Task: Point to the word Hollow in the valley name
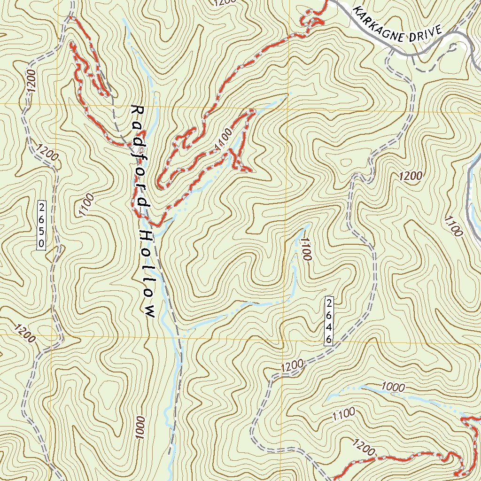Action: [x=147, y=272]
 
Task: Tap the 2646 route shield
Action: [x=329, y=320]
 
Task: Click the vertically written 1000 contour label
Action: [x=140, y=427]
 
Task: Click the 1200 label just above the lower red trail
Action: [x=363, y=447]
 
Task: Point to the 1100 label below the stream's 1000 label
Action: [x=343, y=414]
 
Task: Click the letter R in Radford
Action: [x=138, y=110]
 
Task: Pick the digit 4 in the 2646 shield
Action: [x=329, y=326]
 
